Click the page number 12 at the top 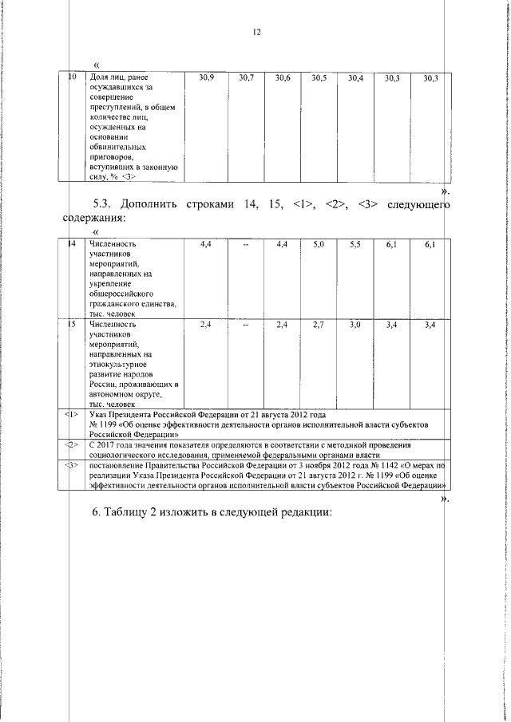pyautogui.click(x=256, y=33)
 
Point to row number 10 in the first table pyautogui.click(x=72, y=77)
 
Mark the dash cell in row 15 pyautogui.click(x=246, y=325)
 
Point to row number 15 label pyautogui.click(x=72, y=325)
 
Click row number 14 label pyautogui.click(x=72, y=243)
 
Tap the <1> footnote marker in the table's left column pyautogui.click(x=72, y=415)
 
